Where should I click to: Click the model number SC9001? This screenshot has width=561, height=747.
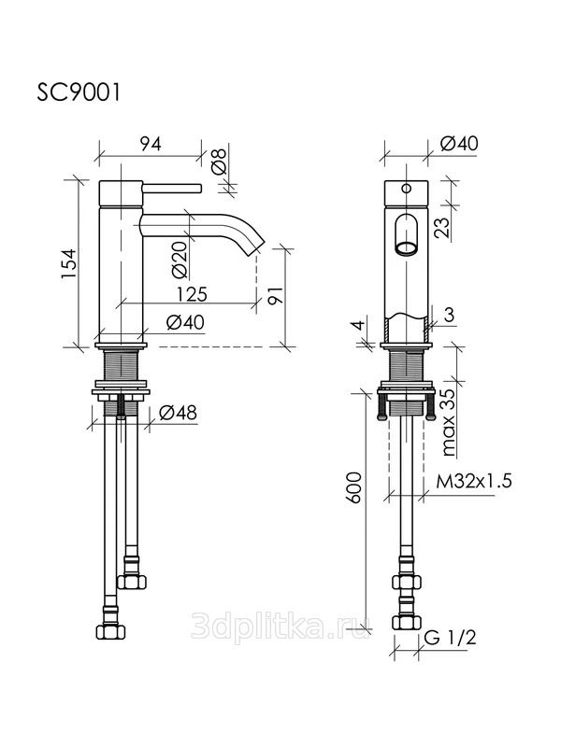[x=79, y=92]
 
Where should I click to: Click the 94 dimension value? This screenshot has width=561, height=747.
[x=151, y=144]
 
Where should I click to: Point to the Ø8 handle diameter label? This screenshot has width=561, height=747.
[x=219, y=161]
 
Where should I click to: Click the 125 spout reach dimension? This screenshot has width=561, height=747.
[x=192, y=294]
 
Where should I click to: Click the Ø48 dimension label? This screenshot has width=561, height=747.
[x=178, y=413]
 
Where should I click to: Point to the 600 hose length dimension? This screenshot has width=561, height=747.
[x=354, y=487]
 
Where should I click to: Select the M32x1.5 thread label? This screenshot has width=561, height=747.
[x=474, y=481]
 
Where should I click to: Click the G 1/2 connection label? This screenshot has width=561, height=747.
[x=450, y=638]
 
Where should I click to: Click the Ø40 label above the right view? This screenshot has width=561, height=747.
[x=459, y=144]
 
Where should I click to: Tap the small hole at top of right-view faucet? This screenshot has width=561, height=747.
[x=407, y=189]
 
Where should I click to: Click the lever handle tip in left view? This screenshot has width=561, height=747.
[x=201, y=188]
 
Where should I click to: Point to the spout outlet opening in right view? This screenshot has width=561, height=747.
[x=407, y=248]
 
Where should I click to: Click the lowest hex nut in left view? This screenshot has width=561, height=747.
[x=110, y=632]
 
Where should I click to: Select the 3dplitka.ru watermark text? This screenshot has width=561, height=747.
[x=280, y=626]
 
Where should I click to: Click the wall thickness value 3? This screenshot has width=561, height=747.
[x=448, y=315]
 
